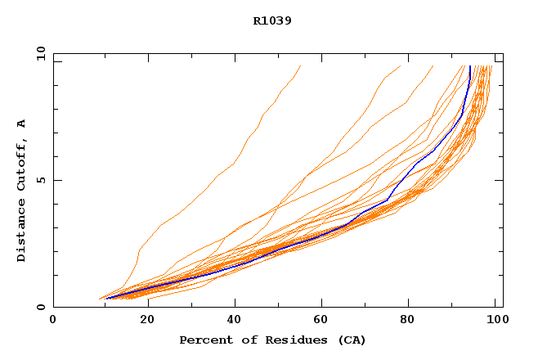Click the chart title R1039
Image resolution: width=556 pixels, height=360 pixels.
(272, 21)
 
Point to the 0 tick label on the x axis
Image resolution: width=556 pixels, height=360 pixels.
(53, 320)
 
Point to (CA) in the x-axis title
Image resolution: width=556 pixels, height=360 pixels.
(350, 340)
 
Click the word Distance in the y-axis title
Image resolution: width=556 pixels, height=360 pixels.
(22, 230)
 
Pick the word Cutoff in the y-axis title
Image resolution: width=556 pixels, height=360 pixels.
(22, 163)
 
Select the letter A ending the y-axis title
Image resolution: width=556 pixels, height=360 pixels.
(22, 124)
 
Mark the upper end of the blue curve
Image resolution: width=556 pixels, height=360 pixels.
(470, 67)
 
